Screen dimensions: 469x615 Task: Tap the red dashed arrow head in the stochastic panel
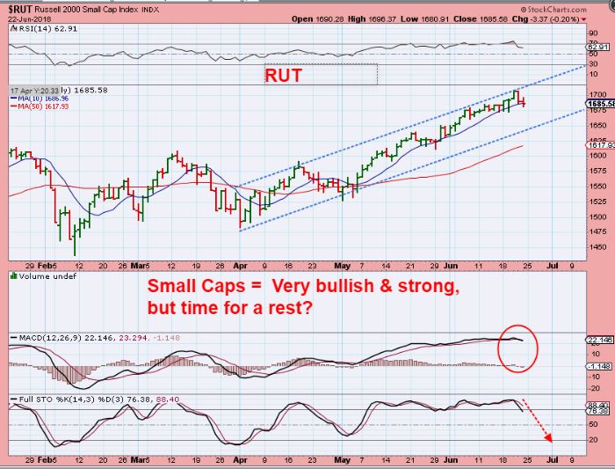[x=552, y=437]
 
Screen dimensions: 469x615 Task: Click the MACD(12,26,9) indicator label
[x=65, y=337]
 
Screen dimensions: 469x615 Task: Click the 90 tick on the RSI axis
[x=593, y=32]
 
